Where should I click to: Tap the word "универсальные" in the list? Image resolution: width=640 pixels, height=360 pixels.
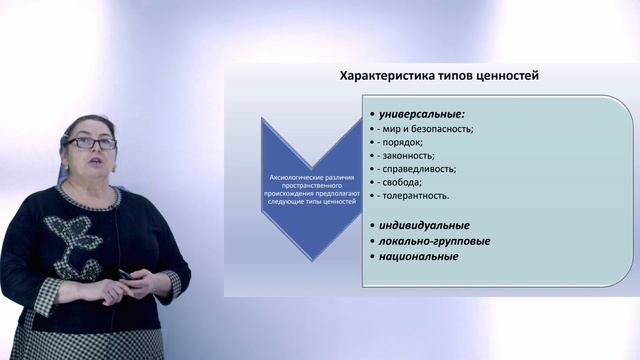coord(414,114)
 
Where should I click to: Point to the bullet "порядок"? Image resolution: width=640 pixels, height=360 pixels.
coord(400,142)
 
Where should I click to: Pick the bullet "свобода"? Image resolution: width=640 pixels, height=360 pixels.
coord(399,182)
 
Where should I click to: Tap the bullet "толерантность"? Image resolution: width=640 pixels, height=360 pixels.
coord(412,195)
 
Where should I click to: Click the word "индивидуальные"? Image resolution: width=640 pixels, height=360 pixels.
coord(419,225)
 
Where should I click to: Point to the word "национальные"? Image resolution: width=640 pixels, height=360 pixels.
coord(413,256)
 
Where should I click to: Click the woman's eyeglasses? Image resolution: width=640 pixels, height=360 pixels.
coord(91,143)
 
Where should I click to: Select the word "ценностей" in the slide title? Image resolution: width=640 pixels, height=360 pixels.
coord(505,75)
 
